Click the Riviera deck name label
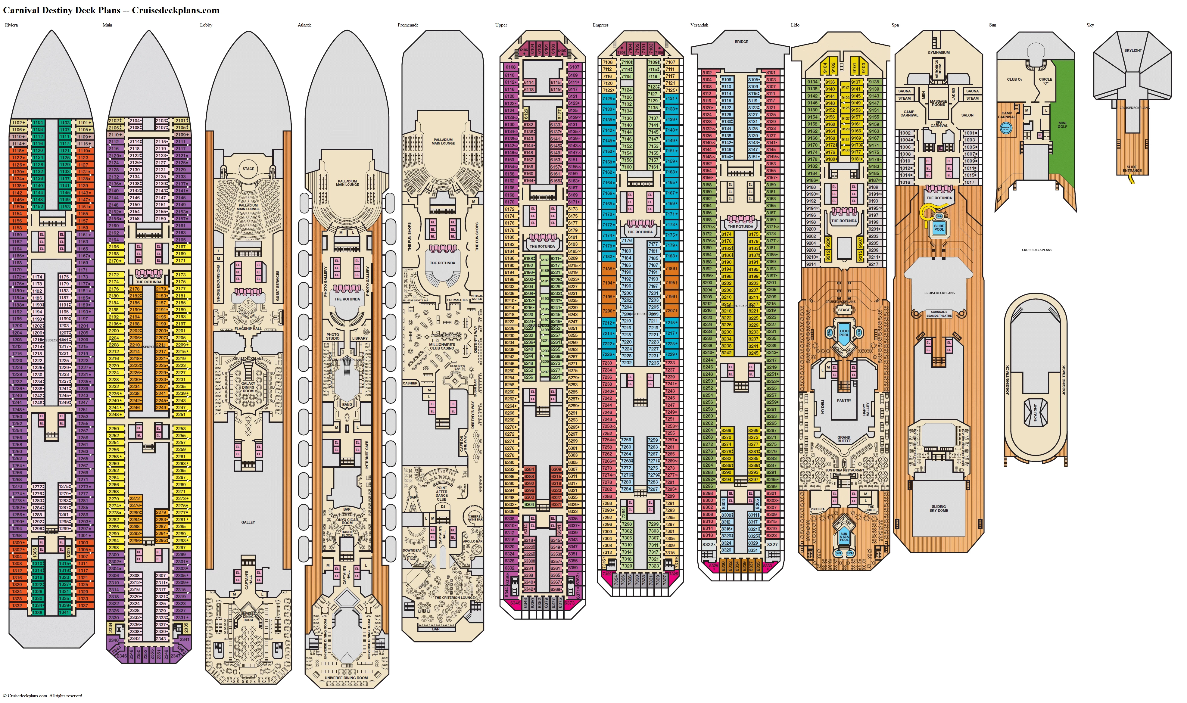point(11,25)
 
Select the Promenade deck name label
point(408,25)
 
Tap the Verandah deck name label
point(699,25)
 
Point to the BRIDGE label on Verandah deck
point(741,42)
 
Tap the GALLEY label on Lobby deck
point(248,522)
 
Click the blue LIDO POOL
point(844,333)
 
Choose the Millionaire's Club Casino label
point(442,346)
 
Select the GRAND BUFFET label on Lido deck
point(844,439)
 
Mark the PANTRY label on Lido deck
point(844,400)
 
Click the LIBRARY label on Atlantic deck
point(360,338)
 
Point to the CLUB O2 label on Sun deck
point(1014,79)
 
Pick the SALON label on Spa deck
point(967,115)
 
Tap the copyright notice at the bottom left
point(43,696)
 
